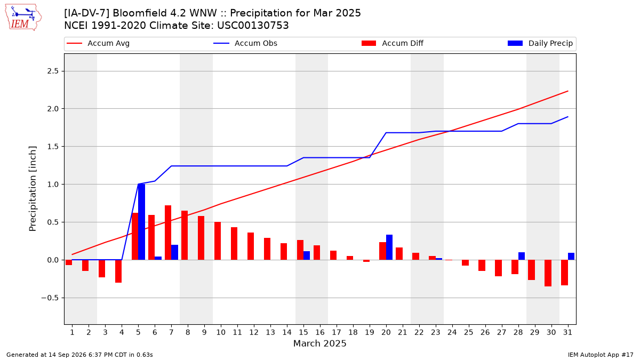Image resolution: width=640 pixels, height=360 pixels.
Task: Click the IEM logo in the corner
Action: (x=23, y=17)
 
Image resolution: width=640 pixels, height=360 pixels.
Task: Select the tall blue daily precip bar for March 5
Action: (x=142, y=222)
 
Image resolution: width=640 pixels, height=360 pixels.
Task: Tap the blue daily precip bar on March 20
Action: (x=389, y=247)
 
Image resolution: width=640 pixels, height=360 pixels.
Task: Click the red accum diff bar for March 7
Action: (x=168, y=233)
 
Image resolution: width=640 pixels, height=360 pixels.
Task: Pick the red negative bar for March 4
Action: (x=118, y=271)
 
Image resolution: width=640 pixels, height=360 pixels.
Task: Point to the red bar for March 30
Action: (x=548, y=273)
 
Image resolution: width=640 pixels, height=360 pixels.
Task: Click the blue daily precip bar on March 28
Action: (x=522, y=256)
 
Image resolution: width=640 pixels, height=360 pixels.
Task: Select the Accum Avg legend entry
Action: (x=98, y=43)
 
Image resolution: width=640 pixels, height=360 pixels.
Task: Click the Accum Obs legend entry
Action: (x=245, y=43)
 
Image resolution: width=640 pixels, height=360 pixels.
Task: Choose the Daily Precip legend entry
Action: (x=540, y=43)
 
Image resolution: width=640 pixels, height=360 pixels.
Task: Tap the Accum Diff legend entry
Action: (x=393, y=43)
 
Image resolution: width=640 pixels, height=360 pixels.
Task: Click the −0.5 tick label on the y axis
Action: (x=50, y=298)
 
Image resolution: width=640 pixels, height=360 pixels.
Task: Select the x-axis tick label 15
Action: (x=303, y=332)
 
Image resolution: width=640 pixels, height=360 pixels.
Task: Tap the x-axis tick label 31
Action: (x=567, y=332)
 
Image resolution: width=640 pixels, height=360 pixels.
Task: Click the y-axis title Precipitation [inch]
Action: (x=33, y=189)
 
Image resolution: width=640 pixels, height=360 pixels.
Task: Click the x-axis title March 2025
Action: (x=319, y=343)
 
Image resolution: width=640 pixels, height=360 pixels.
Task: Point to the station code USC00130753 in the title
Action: (x=253, y=26)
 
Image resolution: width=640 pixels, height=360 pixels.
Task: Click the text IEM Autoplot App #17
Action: (x=601, y=355)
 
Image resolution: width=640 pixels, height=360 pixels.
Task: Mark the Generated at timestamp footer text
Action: (x=79, y=355)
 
